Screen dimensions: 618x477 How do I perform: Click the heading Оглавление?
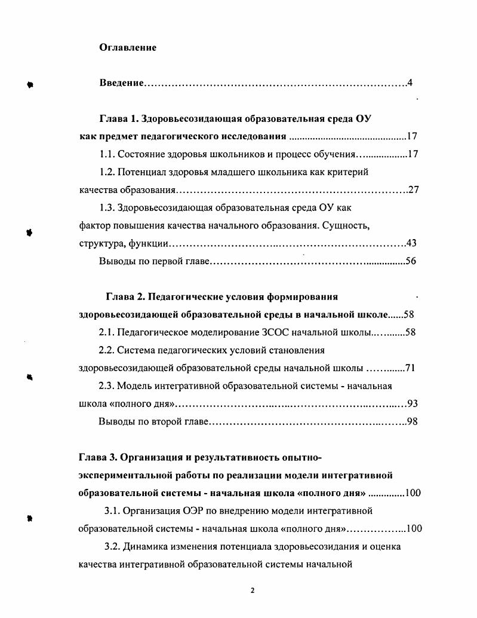(127, 48)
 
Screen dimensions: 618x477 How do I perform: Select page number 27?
(413, 190)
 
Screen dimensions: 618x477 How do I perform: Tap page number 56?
(411, 261)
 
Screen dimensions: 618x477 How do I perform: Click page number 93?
(411, 404)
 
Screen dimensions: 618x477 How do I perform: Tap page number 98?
(411, 422)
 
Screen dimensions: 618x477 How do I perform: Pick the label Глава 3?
(98, 458)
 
